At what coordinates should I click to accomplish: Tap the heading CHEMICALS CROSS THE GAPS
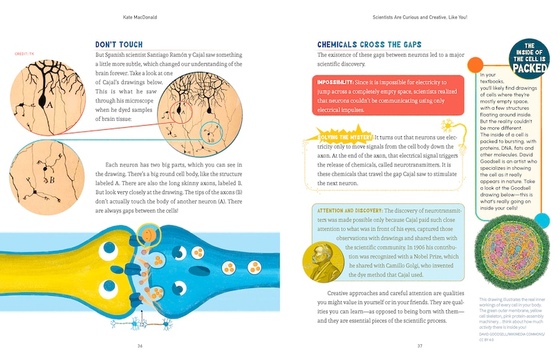click(366, 43)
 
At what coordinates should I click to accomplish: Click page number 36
click(140, 345)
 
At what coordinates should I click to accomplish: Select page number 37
click(419, 345)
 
